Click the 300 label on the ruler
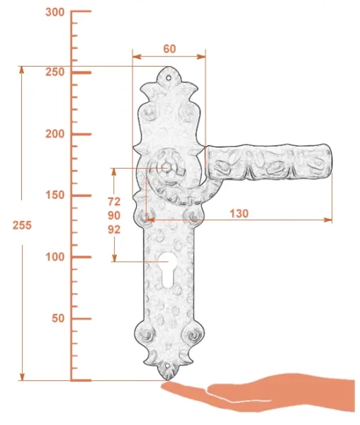[55, 13]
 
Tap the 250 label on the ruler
[55, 72]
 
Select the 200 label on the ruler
[55, 134]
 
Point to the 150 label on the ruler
[55, 195]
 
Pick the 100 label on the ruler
[55, 256]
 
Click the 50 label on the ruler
[58, 318]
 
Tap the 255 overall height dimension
[22, 225]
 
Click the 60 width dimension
[169, 49]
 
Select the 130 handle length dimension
[239, 214]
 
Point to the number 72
[114, 202]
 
